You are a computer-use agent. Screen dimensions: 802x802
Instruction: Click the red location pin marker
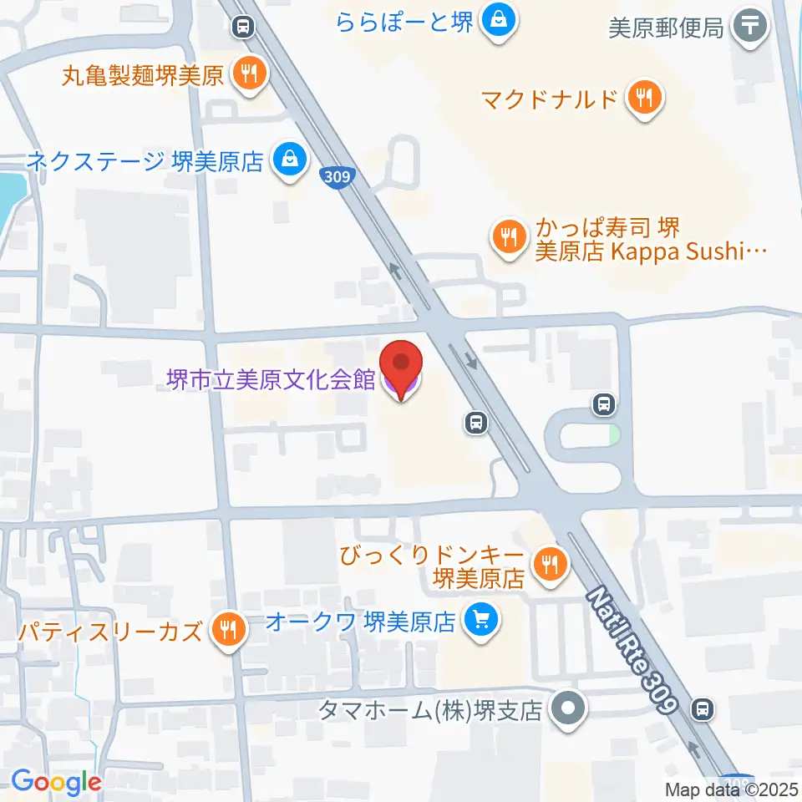click(402, 368)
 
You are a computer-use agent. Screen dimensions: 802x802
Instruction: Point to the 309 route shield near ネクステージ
click(337, 176)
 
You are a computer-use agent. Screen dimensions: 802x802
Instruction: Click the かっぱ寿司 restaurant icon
click(507, 238)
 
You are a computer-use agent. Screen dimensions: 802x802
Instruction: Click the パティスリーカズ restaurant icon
click(226, 629)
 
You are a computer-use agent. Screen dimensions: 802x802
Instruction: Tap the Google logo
click(56, 782)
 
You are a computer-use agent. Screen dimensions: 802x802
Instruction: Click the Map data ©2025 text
click(733, 789)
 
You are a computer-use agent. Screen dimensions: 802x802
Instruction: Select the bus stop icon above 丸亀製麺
click(242, 28)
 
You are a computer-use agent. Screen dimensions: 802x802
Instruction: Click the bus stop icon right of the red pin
click(475, 424)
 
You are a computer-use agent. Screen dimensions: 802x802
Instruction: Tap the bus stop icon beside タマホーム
click(703, 710)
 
